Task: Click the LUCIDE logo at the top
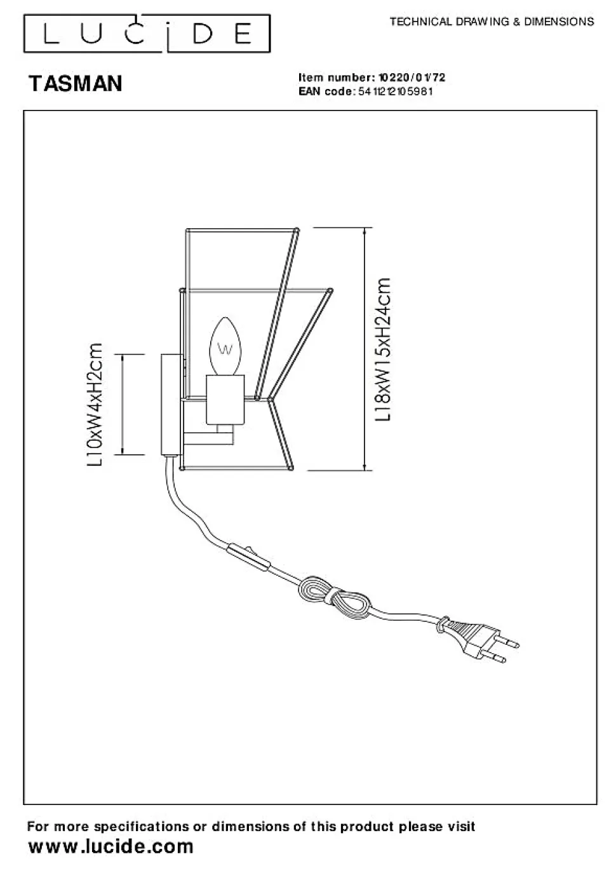pyautogui.click(x=147, y=34)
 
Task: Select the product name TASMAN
pyautogui.click(x=76, y=83)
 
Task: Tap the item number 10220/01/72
pyautogui.click(x=412, y=78)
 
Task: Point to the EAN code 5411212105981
pyautogui.click(x=396, y=91)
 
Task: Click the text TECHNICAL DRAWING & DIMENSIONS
pyautogui.click(x=492, y=22)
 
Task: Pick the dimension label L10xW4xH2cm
pyautogui.click(x=95, y=405)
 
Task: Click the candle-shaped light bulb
pyautogui.click(x=225, y=346)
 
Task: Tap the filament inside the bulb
pyautogui.click(x=225, y=349)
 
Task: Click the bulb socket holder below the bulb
pyautogui.click(x=225, y=399)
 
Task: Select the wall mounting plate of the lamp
pyautogui.click(x=170, y=405)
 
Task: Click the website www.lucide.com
pyautogui.click(x=111, y=846)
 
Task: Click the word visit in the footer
pyautogui.click(x=460, y=827)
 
